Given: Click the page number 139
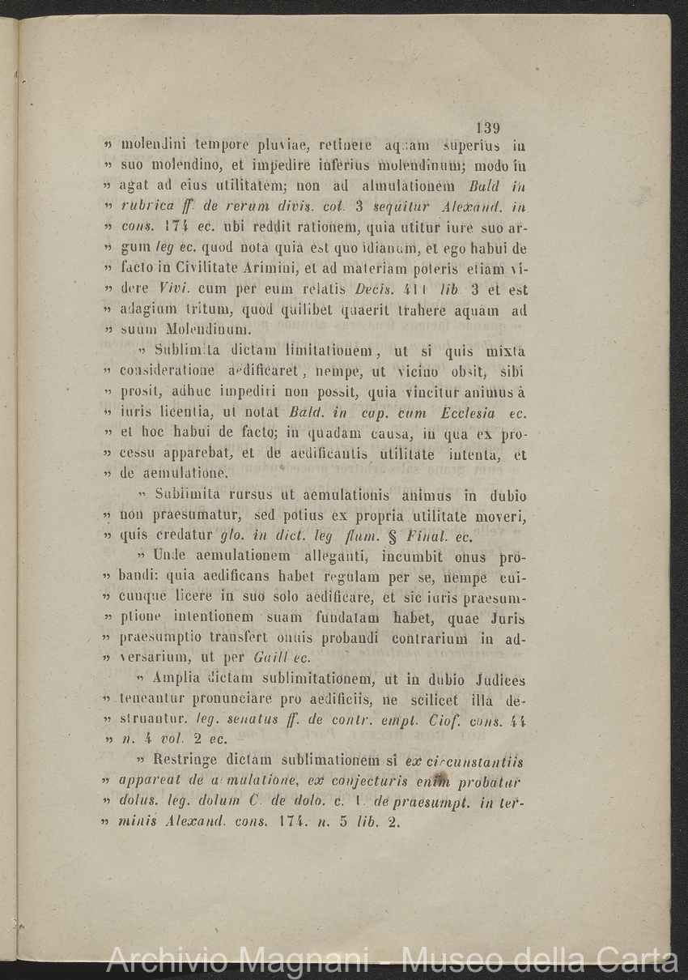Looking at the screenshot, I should tap(489, 128).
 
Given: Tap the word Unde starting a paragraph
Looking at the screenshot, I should tap(168, 557).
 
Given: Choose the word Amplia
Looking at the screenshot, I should tap(177, 680).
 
